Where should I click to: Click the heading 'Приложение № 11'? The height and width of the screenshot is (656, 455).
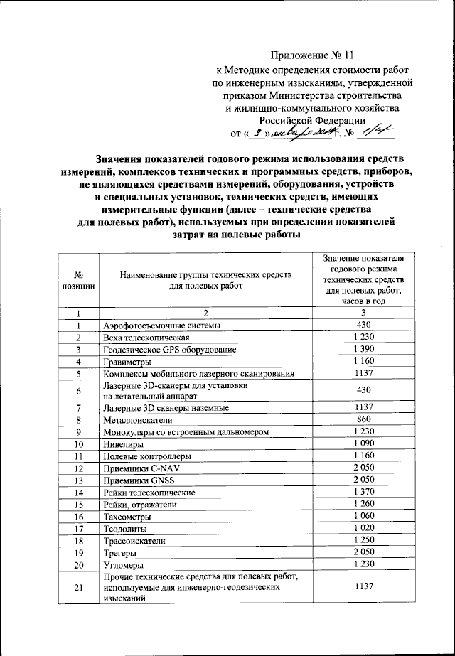(312, 55)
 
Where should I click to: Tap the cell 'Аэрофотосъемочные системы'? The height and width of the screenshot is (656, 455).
(161, 325)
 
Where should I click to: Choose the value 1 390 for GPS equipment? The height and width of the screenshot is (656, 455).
(363, 350)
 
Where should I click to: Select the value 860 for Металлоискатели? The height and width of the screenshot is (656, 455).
(363, 420)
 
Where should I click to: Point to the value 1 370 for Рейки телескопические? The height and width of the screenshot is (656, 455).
(363, 492)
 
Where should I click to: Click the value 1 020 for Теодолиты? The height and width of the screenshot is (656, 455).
(363, 528)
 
